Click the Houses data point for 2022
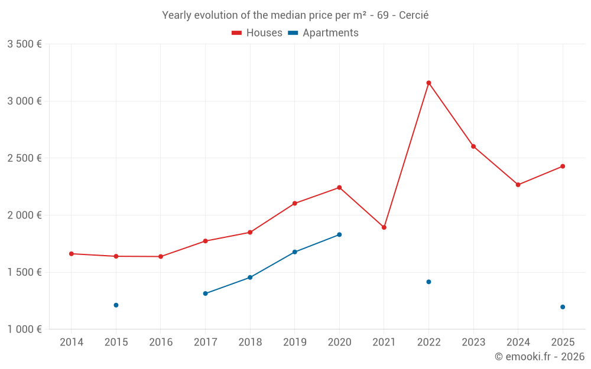pyautogui.click(x=428, y=83)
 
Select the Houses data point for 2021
pyautogui.click(x=384, y=227)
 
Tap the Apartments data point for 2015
pyautogui.click(x=116, y=305)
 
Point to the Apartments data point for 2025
pyautogui.click(x=563, y=307)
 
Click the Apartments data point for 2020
pyautogui.click(x=339, y=234)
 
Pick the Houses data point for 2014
pyautogui.click(x=72, y=254)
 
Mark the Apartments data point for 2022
pyautogui.click(x=428, y=282)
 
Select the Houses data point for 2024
pyautogui.click(x=518, y=185)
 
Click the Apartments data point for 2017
pyautogui.click(x=205, y=293)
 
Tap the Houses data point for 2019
pyautogui.click(x=294, y=204)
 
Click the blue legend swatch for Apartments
pyautogui.click(x=293, y=33)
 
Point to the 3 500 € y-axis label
pyautogui.click(x=24, y=44)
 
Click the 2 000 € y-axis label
pyautogui.click(x=24, y=215)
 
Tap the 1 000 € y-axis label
pyautogui.click(x=24, y=329)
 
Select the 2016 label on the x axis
pyautogui.click(x=161, y=342)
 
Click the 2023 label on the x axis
pyautogui.click(x=473, y=342)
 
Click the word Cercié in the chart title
pyautogui.click(x=414, y=15)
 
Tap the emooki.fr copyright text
pyautogui.click(x=539, y=357)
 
